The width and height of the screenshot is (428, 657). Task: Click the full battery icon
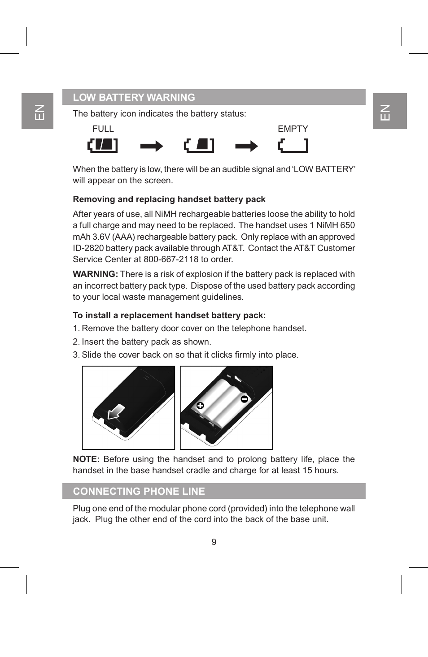pos(103,145)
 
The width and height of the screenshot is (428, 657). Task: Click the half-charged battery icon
pos(199,145)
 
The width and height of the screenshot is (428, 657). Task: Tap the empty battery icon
pos(293,145)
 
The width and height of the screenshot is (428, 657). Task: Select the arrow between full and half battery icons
pos(152,146)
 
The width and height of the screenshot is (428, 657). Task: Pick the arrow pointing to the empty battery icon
pos(246,146)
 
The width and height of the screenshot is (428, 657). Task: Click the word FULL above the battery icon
pos(103,129)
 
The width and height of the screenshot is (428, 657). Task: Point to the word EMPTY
pos(293,129)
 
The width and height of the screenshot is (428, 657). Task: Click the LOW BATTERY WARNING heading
pos(134,97)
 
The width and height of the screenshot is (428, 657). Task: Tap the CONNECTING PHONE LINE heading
pos(139,491)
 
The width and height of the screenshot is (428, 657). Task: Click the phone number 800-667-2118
pos(171,259)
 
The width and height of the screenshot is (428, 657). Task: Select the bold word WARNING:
pos(95,274)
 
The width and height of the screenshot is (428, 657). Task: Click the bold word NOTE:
pos(86,459)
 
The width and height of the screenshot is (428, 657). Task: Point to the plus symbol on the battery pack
pos(200,406)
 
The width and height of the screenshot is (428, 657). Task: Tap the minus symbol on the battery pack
pos(245,399)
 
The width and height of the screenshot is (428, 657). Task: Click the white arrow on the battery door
pos(116,412)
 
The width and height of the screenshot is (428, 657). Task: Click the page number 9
pos(214,542)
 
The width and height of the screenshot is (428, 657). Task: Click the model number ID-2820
pos(88,248)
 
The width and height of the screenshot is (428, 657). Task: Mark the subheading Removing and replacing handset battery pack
pos(169,199)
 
